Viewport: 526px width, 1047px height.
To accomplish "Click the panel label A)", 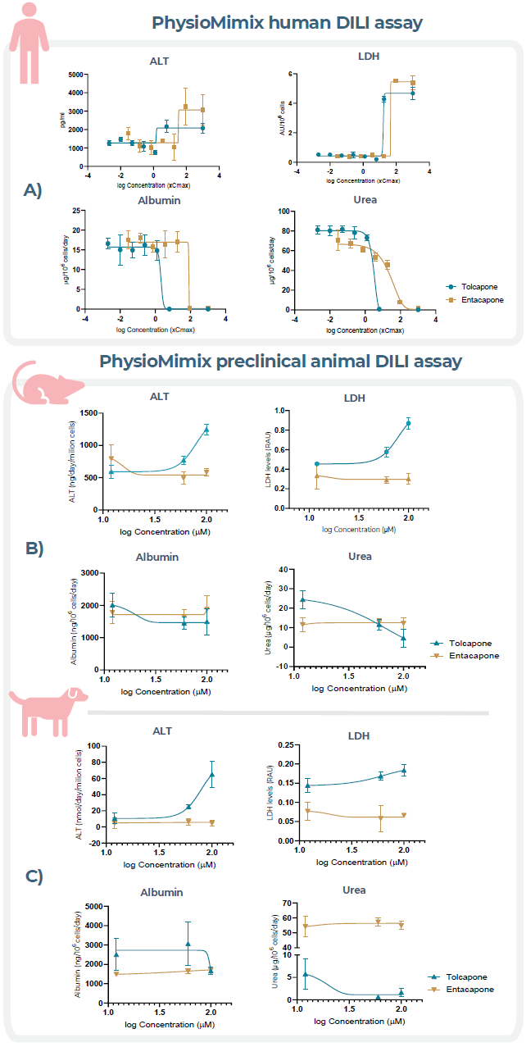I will point(34,191).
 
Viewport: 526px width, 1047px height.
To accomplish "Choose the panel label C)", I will point(34,876).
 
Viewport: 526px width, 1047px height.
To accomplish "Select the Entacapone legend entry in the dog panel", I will point(469,990).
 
